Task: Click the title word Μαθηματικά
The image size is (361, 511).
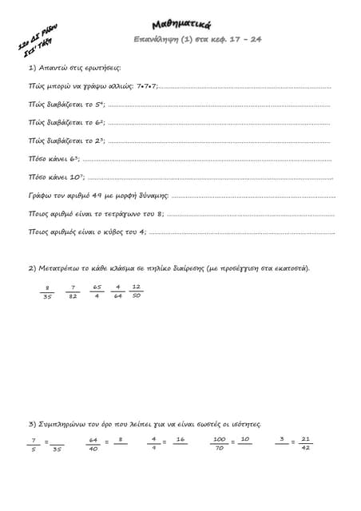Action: pyautogui.click(x=180, y=25)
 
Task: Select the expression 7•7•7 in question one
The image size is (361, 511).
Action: pyautogui.click(x=146, y=85)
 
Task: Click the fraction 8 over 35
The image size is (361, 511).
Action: pyautogui.click(x=48, y=291)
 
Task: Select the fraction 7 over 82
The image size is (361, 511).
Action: pyautogui.click(x=73, y=291)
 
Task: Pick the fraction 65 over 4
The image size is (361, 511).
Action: pyautogui.click(x=97, y=291)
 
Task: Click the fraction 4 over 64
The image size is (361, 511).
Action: pyautogui.click(x=117, y=291)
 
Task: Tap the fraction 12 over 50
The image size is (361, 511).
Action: pyautogui.click(x=137, y=291)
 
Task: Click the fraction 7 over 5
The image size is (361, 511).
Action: pyautogui.click(x=34, y=444)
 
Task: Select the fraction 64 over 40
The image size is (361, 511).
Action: pyautogui.click(x=93, y=444)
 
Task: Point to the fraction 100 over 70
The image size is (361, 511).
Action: pyautogui.click(x=219, y=444)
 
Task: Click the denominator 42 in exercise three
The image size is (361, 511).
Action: pyautogui.click(x=306, y=449)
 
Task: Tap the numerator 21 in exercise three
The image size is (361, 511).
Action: pyautogui.click(x=306, y=439)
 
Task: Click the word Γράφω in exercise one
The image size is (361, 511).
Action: pyautogui.click(x=39, y=196)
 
